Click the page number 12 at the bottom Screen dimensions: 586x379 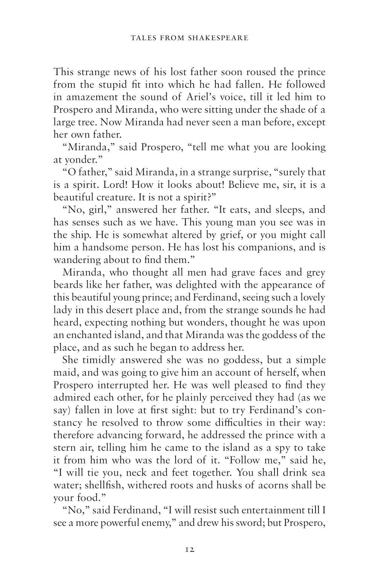[189, 549]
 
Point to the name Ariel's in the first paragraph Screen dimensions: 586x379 [200, 97]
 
